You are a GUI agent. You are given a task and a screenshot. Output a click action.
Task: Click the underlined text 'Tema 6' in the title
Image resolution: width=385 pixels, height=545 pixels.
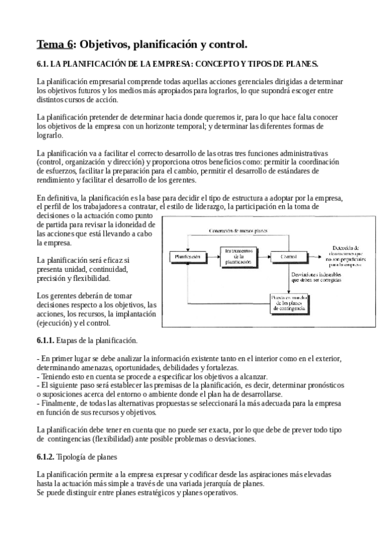click(x=55, y=44)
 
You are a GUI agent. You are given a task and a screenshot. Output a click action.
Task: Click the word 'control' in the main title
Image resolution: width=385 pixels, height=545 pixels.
click(x=226, y=44)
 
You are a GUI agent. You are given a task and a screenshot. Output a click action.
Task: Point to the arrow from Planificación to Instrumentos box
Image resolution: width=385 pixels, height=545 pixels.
click(x=212, y=256)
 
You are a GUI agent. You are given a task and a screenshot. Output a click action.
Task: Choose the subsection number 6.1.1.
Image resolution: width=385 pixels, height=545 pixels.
click(x=46, y=339)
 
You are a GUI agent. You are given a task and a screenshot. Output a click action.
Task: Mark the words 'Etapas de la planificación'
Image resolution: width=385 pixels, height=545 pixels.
click(x=97, y=339)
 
